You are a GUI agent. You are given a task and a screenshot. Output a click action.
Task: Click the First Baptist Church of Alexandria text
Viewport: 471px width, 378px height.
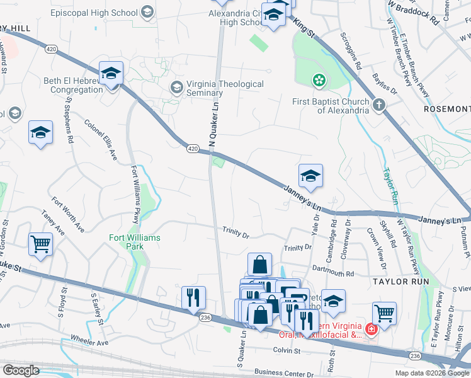coord(330,106)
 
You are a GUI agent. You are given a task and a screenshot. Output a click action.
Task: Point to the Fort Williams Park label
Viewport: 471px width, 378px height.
coord(135,242)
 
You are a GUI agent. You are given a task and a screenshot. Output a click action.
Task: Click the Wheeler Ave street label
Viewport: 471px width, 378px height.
coord(89,343)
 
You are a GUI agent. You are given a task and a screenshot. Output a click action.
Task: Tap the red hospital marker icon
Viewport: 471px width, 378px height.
coord(372,329)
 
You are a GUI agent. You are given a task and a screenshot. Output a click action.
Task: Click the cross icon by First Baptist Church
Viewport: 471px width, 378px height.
coord(378,105)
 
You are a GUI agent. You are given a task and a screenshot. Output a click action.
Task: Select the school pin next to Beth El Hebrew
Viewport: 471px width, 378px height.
coord(111,74)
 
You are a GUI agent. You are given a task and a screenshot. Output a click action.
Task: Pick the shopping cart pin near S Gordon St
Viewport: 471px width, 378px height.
coord(40,243)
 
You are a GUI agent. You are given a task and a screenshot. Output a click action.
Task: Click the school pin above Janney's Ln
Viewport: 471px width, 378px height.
coord(310,176)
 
